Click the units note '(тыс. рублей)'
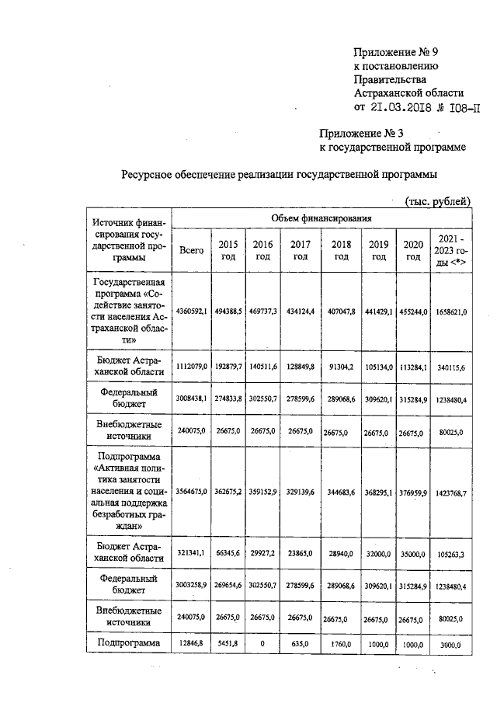[x=438, y=202]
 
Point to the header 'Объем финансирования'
[x=321, y=218]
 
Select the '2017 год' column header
[x=301, y=250]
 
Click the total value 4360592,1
[x=191, y=311]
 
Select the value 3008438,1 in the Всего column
[x=191, y=399]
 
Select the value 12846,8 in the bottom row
[x=191, y=644]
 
